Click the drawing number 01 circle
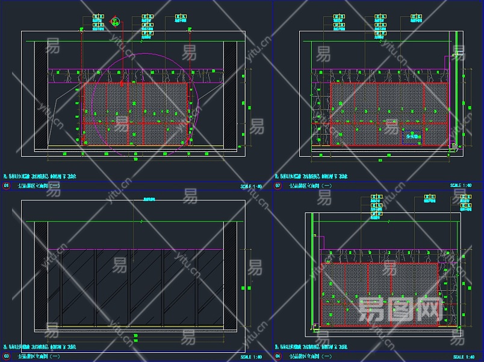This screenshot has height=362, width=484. click(7, 186)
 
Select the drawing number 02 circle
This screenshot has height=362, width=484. click(278, 186)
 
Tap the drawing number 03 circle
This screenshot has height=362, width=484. click(7, 357)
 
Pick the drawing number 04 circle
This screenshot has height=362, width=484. click(278, 357)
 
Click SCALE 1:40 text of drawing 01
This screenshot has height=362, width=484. click(251, 186)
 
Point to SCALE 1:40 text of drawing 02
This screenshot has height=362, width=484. click(462, 185)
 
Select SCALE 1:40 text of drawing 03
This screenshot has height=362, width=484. click(251, 357)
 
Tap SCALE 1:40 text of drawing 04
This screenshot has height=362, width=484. click(462, 357)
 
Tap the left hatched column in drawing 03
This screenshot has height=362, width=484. click(40, 275)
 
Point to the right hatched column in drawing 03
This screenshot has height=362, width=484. click(230, 275)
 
